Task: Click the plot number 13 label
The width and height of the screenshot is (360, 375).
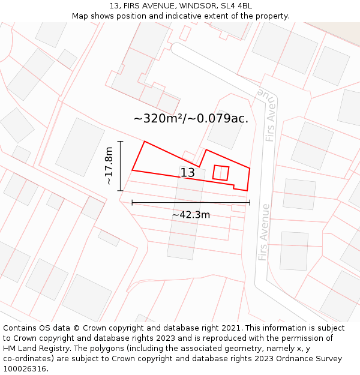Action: click(x=187, y=173)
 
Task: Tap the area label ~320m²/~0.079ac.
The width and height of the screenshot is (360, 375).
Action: click(x=191, y=118)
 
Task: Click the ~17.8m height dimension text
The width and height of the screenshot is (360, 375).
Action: click(x=109, y=166)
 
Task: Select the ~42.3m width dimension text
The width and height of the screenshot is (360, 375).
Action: click(x=191, y=215)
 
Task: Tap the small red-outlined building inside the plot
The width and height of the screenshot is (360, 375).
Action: click(x=221, y=172)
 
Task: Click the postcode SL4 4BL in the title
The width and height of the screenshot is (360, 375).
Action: click(x=238, y=6)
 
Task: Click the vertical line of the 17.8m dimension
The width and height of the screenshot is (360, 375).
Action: click(x=120, y=166)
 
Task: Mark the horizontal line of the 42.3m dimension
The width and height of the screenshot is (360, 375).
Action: click(x=191, y=203)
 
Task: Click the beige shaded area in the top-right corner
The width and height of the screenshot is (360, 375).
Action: click(x=338, y=31)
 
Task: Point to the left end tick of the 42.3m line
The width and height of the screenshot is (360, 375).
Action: click(x=132, y=203)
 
